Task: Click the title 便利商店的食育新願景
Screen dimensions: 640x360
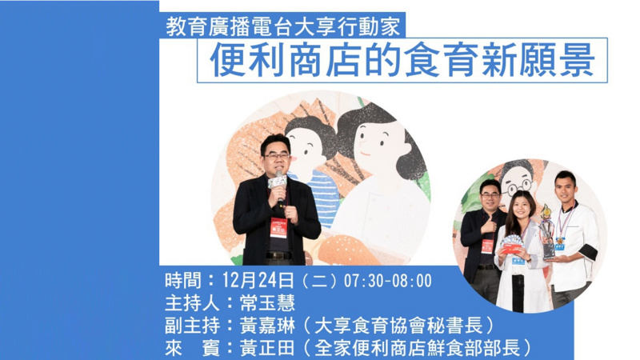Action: pos(402,61)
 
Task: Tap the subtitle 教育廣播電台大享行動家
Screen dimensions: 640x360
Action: pos(282,26)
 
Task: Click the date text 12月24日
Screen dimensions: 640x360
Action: pos(258,281)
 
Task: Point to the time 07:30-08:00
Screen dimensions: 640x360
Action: pos(388,281)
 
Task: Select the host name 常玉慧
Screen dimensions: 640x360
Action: pos(267,303)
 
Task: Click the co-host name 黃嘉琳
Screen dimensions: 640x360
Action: pos(267,326)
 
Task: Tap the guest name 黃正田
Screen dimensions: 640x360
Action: pos(267,348)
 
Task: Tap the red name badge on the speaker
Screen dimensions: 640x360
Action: pos(278,227)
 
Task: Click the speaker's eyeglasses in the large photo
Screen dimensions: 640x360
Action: pos(276,155)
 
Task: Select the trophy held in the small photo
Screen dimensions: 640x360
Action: pos(546,231)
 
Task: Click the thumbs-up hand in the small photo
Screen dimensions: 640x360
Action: pos(489,224)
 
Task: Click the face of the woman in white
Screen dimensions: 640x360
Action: pos(522,208)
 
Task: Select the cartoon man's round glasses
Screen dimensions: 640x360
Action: pos(518,188)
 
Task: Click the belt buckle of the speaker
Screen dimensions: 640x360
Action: pos(278,255)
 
